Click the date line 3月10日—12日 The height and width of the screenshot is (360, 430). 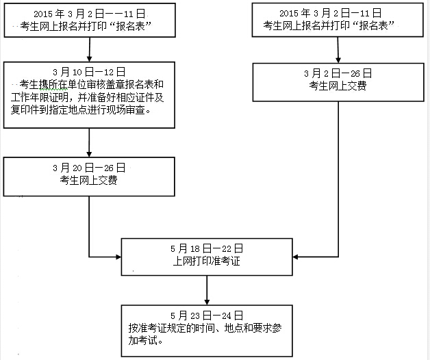(89, 71)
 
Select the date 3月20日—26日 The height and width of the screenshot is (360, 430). (89, 167)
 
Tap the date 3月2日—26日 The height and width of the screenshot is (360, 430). (338, 73)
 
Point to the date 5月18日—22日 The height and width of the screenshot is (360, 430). (207, 247)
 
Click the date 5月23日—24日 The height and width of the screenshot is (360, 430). (206, 315)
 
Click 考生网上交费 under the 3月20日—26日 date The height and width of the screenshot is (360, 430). (89, 179)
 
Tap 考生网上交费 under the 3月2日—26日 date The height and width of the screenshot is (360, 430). (338, 86)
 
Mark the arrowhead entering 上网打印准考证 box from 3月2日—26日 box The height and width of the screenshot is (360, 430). (295, 257)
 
